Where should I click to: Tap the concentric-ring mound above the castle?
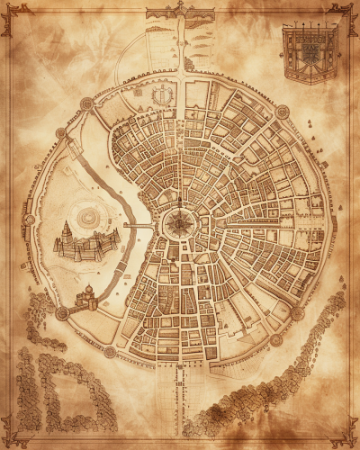pyautogui.click(x=88, y=215)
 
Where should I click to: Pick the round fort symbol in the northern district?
pyautogui.click(x=163, y=95)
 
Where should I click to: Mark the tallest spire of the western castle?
pyautogui.click(x=66, y=230)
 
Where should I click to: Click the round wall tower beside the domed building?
pyautogui.click(x=62, y=313)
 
